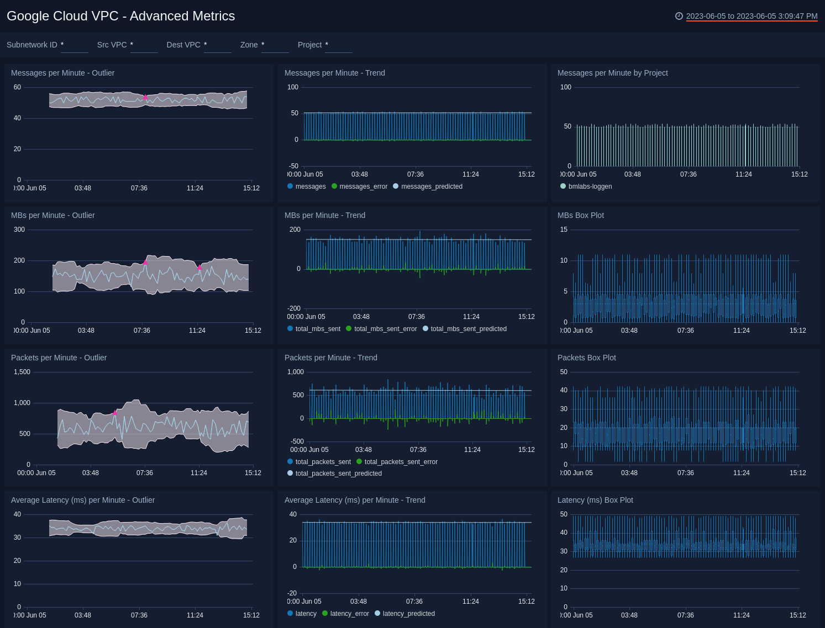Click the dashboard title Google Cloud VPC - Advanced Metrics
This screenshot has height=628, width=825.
point(120,16)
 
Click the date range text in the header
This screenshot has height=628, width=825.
point(751,16)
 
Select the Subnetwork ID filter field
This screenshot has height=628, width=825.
point(74,45)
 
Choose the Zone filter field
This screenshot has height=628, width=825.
point(275,45)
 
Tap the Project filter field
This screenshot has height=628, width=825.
point(338,45)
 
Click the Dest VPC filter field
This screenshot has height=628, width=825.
point(217,45)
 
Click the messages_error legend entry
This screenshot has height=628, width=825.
point(363,187)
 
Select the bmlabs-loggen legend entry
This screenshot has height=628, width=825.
point(590,187)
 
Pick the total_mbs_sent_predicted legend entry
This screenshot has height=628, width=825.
point(468,329)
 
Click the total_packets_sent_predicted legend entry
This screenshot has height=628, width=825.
point(338,473)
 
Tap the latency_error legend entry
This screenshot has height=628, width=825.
point(349,614)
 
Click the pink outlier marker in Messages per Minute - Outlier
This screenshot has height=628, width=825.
point(145,98)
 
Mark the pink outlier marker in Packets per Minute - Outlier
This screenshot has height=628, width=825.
point(115,413)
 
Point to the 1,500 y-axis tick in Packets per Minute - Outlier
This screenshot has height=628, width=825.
point(22,372)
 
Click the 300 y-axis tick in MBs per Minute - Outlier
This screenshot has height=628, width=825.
point(19,230)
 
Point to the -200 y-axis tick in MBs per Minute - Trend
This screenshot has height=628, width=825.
point(293,308)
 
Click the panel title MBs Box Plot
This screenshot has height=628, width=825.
point(580,215)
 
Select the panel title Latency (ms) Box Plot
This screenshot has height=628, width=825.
point(595,500)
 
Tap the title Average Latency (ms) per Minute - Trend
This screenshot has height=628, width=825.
point(355,500)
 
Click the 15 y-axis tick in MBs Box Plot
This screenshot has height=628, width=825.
point(564,230)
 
